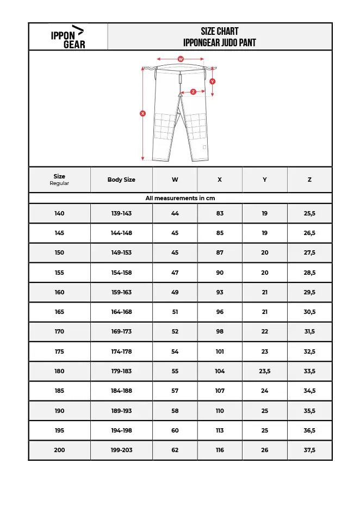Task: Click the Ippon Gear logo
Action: (68, 37)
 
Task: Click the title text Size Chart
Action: (220, 31)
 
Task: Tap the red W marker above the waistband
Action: (181, 59)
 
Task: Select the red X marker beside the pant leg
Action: (142, 114)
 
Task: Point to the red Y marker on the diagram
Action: (212, 81)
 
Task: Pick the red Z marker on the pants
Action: (193, 92)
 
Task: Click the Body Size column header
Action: (121, 180)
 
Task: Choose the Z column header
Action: (309, 180)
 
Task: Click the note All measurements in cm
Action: (180, 198)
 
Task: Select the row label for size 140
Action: (59, 213)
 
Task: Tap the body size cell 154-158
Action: (121, 273)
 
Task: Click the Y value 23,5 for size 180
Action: (264, 371)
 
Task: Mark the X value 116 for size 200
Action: (220, 450)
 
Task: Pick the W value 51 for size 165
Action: (175, 312)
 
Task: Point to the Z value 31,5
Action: (309, 331)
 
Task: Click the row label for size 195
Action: (59, 430)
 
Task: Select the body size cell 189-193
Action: (121, 411)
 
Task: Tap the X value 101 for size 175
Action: (220, 351)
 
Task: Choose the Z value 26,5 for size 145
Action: (309, 233)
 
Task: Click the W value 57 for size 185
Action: (175, 391)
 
